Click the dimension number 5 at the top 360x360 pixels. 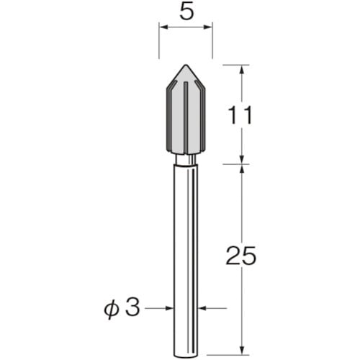click(185, 12)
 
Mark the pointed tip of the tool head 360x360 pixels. click(185, 65)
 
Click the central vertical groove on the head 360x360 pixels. click(185, 119)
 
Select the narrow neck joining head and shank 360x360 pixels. click(185, 160)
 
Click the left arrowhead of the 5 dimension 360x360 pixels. click(163, 29)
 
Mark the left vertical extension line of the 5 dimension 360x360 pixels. click(158, 43)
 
